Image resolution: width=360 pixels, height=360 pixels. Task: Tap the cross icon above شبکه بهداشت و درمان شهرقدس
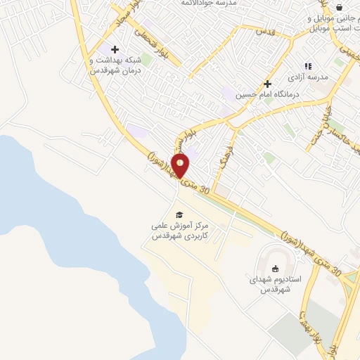(x=115, y=49)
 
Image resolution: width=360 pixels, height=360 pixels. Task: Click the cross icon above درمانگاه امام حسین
(x=267, y=83)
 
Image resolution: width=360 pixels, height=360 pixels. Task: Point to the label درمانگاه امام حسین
(x=268, y=94)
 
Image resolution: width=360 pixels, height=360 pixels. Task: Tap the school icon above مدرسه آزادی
(x=307, y=66)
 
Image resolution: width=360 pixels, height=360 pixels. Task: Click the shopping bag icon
(x=340, y=7)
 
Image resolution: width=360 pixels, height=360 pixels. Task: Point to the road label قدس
(x=264, y=30)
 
